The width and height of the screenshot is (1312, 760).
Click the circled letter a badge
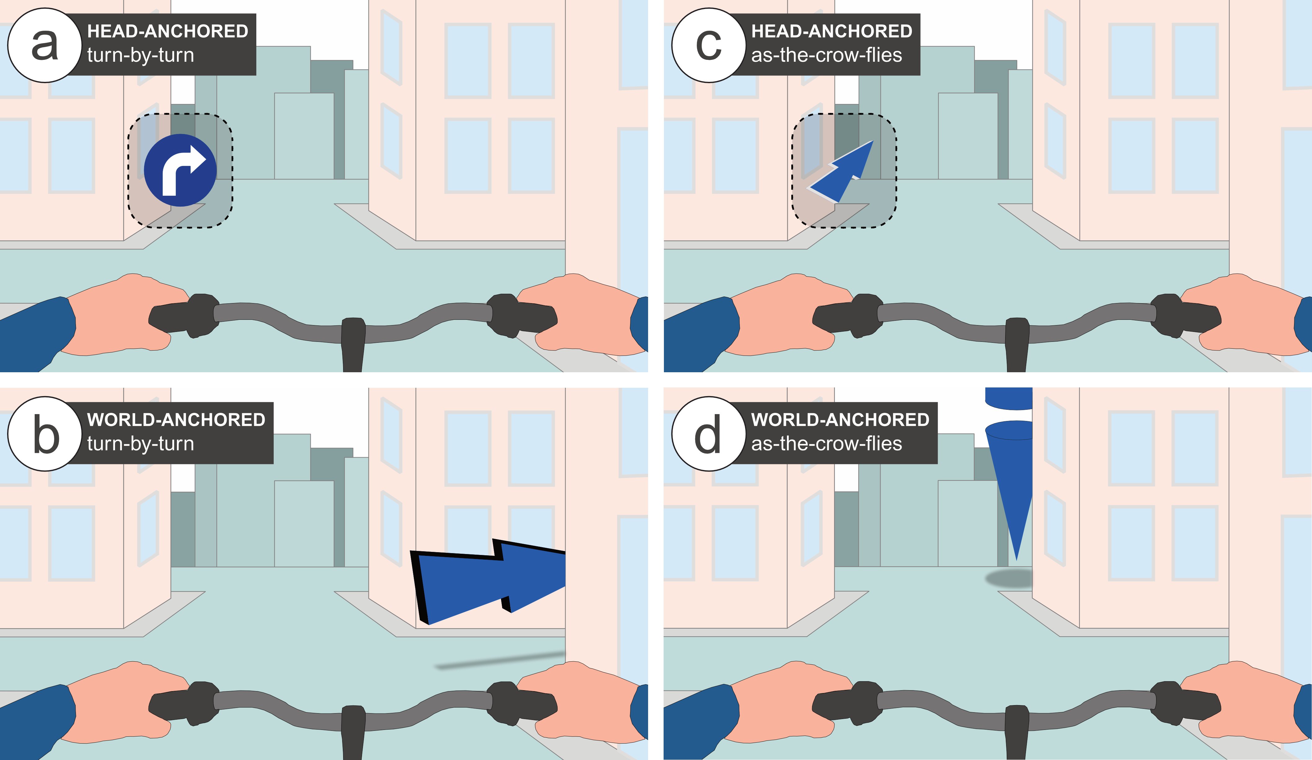pos(45,45)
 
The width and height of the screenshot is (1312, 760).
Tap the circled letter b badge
pos(45,434)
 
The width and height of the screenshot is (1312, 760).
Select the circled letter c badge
pos(709,45)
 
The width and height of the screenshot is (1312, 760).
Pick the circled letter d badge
pos(709,434)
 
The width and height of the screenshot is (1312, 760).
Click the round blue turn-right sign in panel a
pos(180,170)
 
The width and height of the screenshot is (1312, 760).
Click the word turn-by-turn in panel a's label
pos(141,55)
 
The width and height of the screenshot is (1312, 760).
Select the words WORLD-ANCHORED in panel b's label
pos(176,420)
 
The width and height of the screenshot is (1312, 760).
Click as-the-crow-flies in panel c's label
pos(826,55)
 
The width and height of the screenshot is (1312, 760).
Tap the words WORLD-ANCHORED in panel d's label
pos(840,420)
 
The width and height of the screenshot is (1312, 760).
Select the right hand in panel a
pos(583,315)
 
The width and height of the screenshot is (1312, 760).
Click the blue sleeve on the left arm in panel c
pos(700,333)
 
